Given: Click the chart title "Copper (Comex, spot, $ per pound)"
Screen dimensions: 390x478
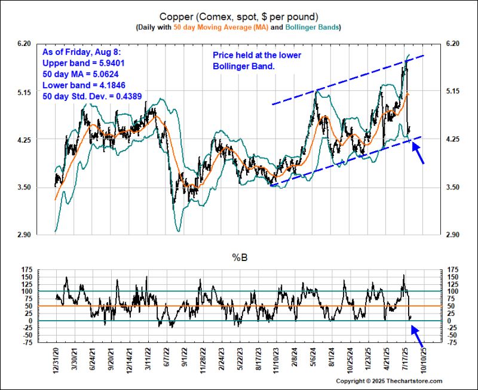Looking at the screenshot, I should tap(239, 16).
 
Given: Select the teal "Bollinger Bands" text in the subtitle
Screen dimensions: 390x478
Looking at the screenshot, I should tap(311, 27).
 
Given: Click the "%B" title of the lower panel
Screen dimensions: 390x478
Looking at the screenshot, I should tap(239, 257).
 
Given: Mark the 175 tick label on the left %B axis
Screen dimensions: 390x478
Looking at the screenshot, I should tap(26, 270).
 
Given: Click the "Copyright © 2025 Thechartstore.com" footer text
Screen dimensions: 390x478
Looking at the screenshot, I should tap(389, 381).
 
